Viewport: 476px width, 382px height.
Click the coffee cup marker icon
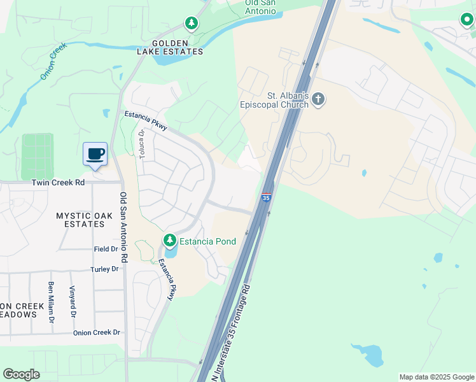click(95, 153)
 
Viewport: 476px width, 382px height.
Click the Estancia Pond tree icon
click(169, 241)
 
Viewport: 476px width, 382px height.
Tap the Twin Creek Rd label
click(58, 182)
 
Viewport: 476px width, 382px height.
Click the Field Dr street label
click(106, 249)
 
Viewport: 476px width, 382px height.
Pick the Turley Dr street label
click(104, 269)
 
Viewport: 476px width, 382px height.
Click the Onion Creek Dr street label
click(96, 332)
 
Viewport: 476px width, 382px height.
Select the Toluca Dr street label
click(141, 145)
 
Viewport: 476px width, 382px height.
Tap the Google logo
click(21, 374)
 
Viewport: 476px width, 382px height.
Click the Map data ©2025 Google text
click(436, 377)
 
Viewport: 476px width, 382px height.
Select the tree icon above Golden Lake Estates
click(192, 24)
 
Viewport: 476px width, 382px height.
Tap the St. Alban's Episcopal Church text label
click(274, 101)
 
